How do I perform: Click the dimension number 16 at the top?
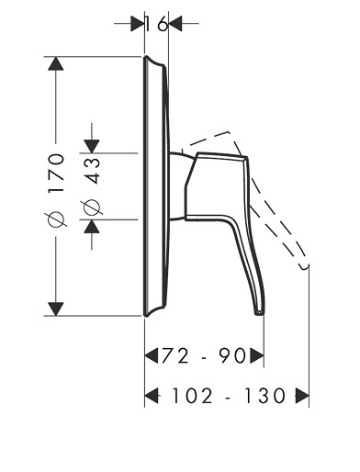click(x=156, y=24)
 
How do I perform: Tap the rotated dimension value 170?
click(x=57, y=173)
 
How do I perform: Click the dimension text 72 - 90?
click(x=203, y=355)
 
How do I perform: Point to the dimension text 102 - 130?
click(x=229, y=396)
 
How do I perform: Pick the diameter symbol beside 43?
click(x=92, y=208)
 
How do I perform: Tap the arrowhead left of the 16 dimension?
click(x=137, y=24)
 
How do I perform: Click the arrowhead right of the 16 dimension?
click(x=175, y=24)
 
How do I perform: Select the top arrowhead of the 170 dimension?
click(x=56, y=63)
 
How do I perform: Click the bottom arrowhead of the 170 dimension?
click(x=56, y=309)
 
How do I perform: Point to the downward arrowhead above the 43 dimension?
click(x=92, y=146)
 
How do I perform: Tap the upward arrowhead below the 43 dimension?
click(x=92, y=227)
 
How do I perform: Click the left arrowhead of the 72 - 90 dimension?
click(x=152, y=355)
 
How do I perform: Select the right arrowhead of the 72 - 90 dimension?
click(x=257, y=355)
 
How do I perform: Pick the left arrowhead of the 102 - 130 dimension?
click(x=152, y=396)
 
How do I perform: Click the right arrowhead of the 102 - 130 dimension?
click(x=302, y=396)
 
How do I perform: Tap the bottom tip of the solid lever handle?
click(x=260, y=313)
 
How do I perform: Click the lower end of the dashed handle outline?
click(x=305, y=267)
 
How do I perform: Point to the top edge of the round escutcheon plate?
click(x=146, y=56)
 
